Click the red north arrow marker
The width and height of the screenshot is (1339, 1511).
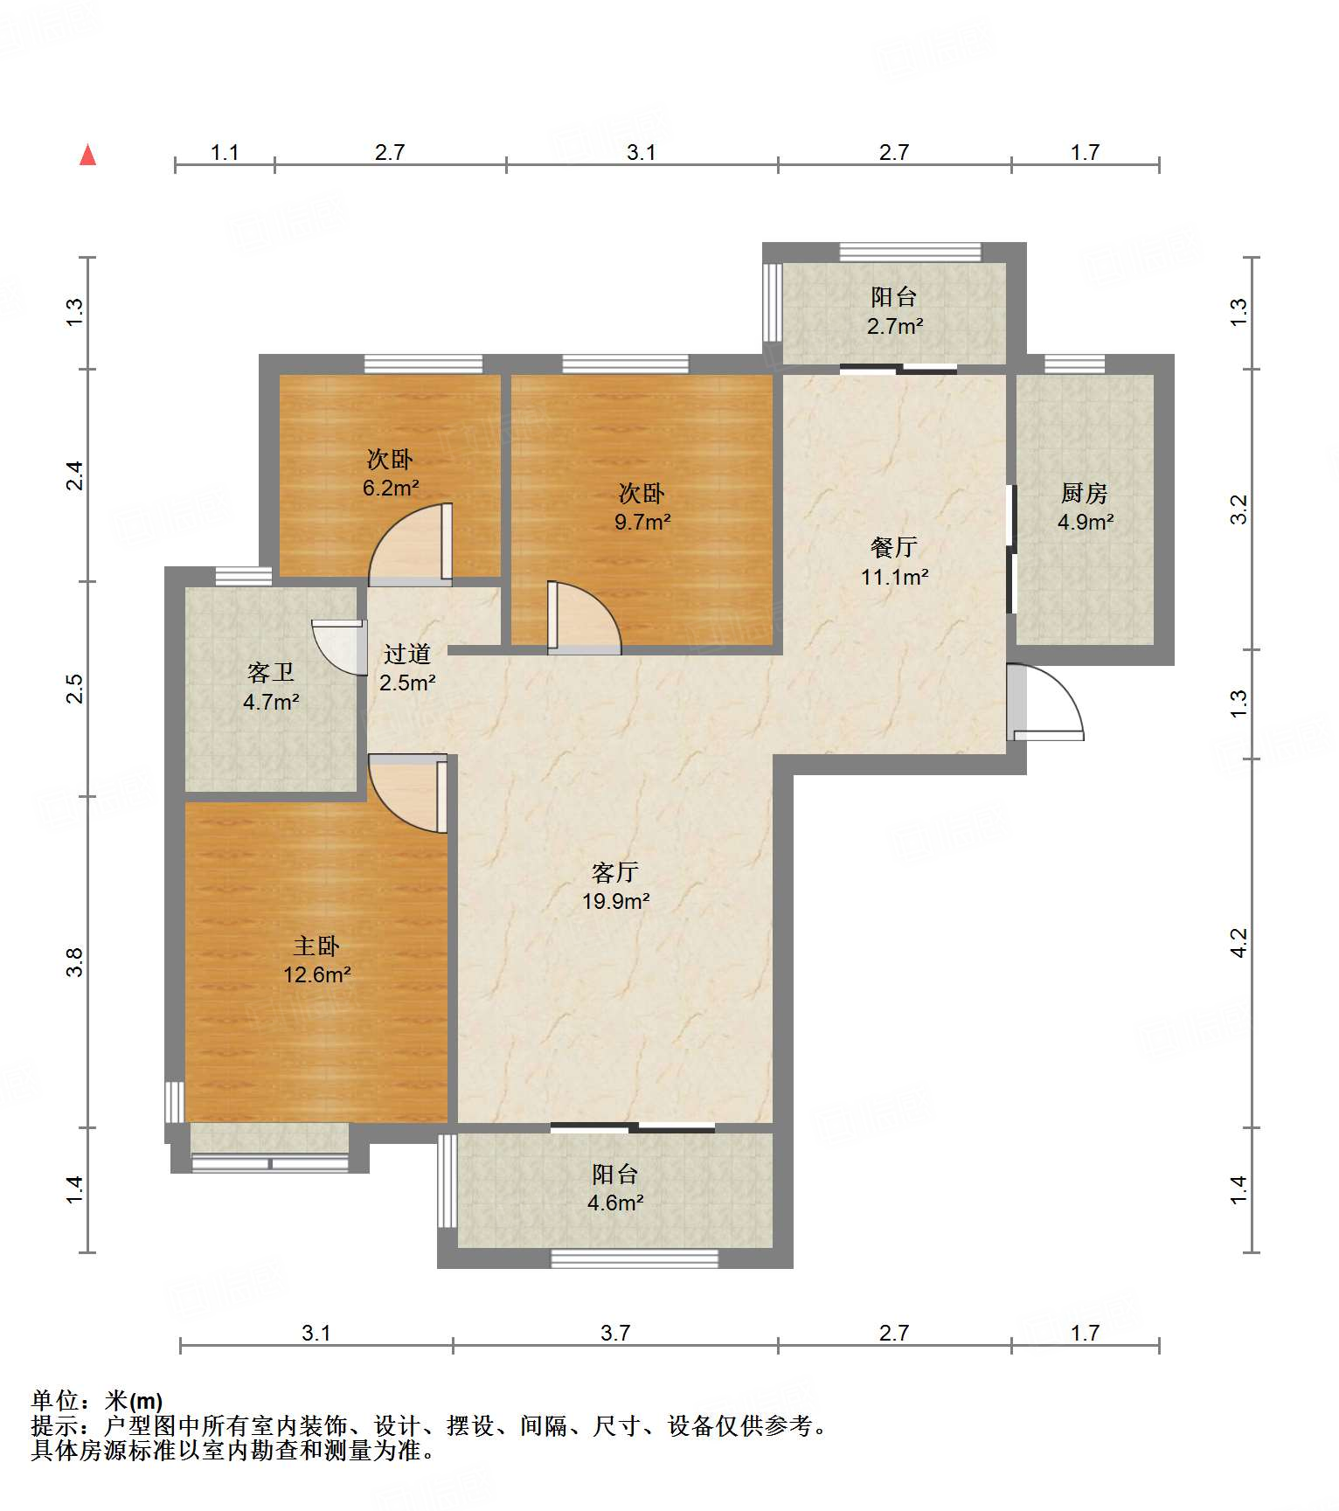coord(87,155)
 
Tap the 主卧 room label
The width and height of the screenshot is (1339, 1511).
coord(316,946)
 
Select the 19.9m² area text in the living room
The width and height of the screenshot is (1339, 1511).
coord(616,901)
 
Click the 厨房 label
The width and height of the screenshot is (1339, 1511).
coord(1085,493)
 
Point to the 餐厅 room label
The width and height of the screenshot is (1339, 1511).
coord(894,547)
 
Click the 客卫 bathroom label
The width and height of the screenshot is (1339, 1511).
coord(271,672)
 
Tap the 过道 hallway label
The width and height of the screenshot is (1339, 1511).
coord(407,653)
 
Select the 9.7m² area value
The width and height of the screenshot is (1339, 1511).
coord(642,523)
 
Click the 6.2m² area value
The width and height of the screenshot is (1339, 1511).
coord(391,488)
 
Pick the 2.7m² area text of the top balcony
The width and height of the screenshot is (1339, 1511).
coord(895,326)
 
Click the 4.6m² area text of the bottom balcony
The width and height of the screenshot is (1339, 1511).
coord(615,1203)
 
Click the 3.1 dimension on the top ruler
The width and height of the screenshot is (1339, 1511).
coord(642,152)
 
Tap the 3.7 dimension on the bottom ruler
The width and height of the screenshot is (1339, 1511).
coord(615,1333)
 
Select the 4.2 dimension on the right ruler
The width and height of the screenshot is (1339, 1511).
coord(1238,942)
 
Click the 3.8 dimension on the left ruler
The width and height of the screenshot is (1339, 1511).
coord(75,961)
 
